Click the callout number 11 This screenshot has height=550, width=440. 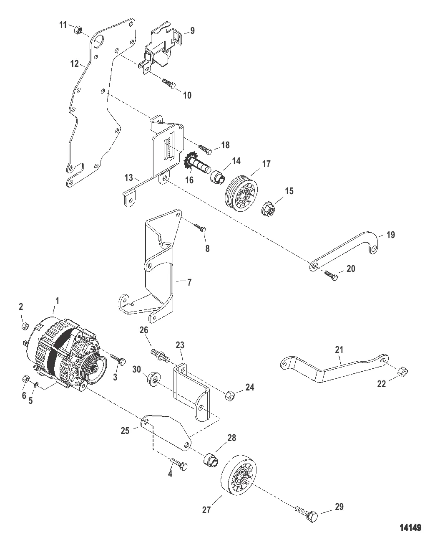pos(63,25)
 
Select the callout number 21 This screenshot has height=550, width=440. pos(339,350)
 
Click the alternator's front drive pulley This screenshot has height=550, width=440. pos(93,370)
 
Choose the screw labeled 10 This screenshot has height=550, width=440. pos(168,83)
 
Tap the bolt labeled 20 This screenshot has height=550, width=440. pos(331,275)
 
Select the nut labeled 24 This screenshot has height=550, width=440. pos(230,395)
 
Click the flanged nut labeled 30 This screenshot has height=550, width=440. pos(153,379)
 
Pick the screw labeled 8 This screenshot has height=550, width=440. pos(200,227)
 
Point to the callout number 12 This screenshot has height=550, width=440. pos(75,63)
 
